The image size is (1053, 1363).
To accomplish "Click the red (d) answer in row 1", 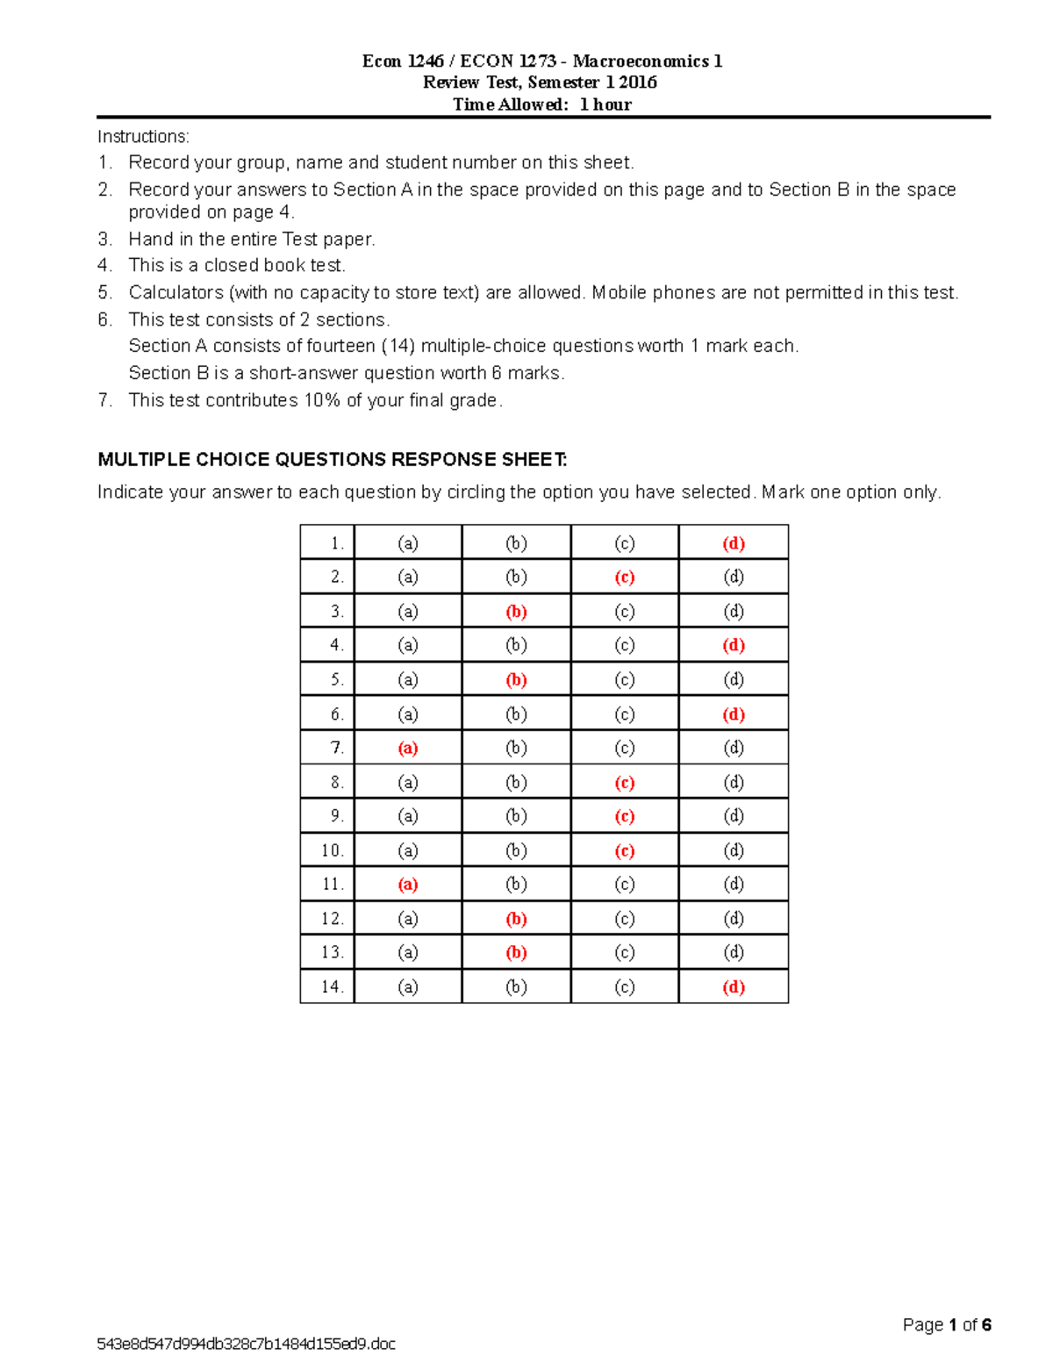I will coord(734,543).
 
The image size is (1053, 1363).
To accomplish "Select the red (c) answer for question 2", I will coord(625,577).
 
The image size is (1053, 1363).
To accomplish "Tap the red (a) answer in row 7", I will coord(408,748).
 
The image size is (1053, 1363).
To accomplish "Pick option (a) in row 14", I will coord(408,986).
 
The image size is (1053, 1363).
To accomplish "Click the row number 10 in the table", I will coord(333,850).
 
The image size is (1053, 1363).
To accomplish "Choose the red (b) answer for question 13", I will coord(516,952).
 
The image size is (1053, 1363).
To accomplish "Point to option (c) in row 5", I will coord(625,679).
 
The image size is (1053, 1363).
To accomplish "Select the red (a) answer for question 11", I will coord(408,884).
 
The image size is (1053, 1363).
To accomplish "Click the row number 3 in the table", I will coord(337,612).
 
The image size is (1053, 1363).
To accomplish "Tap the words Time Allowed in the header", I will coord(510,104).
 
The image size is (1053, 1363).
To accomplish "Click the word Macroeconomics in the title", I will coord(641,61).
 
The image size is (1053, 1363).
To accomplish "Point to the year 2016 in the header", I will coord(638,82).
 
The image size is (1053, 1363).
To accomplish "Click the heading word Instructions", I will coord(143,136).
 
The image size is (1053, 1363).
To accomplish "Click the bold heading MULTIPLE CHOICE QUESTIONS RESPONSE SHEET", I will coord(333,459).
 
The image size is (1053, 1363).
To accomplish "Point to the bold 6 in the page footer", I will coord(986,1324).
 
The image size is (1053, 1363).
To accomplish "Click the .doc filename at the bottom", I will coord(247,1344).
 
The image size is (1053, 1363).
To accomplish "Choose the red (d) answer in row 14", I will coord(734,986).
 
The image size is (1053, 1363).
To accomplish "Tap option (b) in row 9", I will coord(516,816).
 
